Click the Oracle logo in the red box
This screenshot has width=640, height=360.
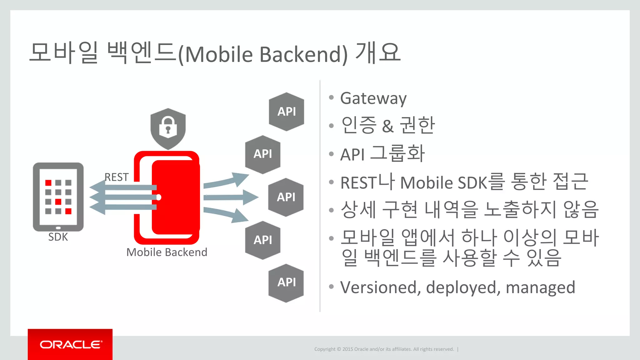click(70, 344)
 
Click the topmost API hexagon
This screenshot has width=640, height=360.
click(287, 112)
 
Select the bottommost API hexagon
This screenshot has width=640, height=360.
click(286, 282)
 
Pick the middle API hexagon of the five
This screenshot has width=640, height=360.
click(286, 197)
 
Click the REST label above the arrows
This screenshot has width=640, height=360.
click(116, 177)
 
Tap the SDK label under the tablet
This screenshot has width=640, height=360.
click(58, 237)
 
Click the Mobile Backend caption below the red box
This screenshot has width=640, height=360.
click(167, 252)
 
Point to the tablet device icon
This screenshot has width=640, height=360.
click(58, 197)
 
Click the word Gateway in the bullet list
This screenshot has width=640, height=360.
click(373, 98)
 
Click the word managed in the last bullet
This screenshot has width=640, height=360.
click(540, 287)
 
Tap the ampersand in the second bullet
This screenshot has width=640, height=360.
click(387, 126)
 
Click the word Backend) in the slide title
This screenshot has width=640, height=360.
click(303, 54)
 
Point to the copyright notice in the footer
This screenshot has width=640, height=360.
click(384, 349)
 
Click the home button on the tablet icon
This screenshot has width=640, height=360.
click(58, 228)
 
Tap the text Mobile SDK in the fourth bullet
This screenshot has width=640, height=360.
click(444, 183)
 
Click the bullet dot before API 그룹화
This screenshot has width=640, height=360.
click(332, 154)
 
